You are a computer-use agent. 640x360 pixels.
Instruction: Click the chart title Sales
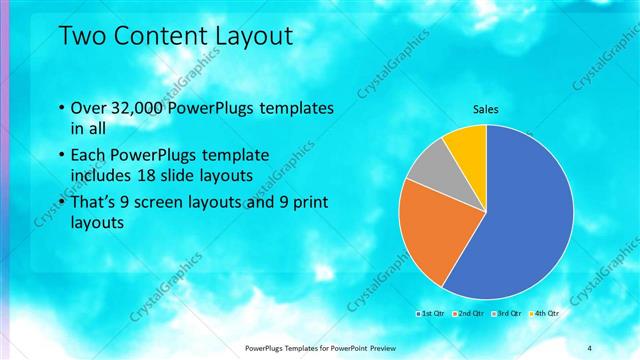coord(485,110)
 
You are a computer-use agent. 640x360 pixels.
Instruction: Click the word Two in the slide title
coord(83,36)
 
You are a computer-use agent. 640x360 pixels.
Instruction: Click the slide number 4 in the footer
coord(589,347)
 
